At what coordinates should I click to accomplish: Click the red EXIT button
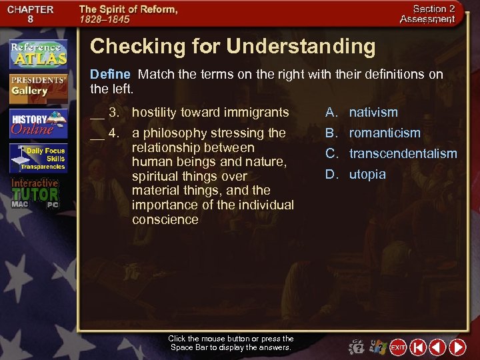pyautogui.click(x=398, y=347)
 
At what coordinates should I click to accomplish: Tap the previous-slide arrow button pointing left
pyautogui.click(x=437, y=347)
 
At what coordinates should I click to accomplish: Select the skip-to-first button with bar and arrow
pyautogui.click(x=418, y=347)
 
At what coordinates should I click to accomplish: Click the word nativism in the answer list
pyautogui.click(x=373, y=112)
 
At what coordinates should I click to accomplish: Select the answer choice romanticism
pyautogui.click(x=385, y=133)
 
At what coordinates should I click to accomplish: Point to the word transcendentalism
pyautogui.click(x=403, y=154)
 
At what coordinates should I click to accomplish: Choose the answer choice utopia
pyautogui.click(x=367, y=175)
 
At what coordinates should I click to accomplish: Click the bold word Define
pyautogui.click(x=110, y=74)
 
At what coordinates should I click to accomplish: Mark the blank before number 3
pyautogui.click(x=97, y=113)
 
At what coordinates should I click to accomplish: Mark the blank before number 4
pyautogui.click(x=97, y=134)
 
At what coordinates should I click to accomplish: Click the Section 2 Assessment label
pyautogui.click(x=427, y=14)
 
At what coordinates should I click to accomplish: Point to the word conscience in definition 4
pyautogui.click(x=165, y=219)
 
